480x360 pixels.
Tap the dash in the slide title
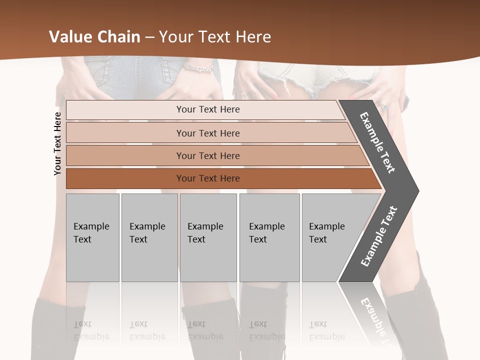149,37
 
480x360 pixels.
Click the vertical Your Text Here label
57,143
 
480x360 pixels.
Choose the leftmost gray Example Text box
92,237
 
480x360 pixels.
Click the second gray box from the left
149,237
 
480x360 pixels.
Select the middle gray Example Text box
208,237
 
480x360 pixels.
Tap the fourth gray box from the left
269,237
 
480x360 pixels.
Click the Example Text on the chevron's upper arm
378,142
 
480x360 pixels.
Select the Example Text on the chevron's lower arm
379,236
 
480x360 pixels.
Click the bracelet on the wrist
198,66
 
